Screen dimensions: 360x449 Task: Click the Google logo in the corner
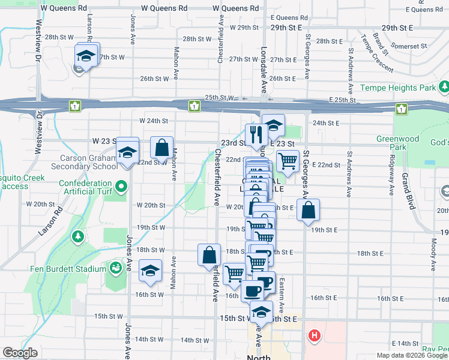(x=20, y=353)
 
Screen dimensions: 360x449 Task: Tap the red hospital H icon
(x=313, y=337)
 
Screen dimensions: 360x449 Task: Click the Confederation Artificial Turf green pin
(x=122, y=187)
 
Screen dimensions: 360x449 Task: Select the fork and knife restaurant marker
(x=256, y=136)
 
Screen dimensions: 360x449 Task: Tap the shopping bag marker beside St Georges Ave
(x=308, y=210)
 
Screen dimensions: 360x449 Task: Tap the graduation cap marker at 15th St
(x=261, y=312)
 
